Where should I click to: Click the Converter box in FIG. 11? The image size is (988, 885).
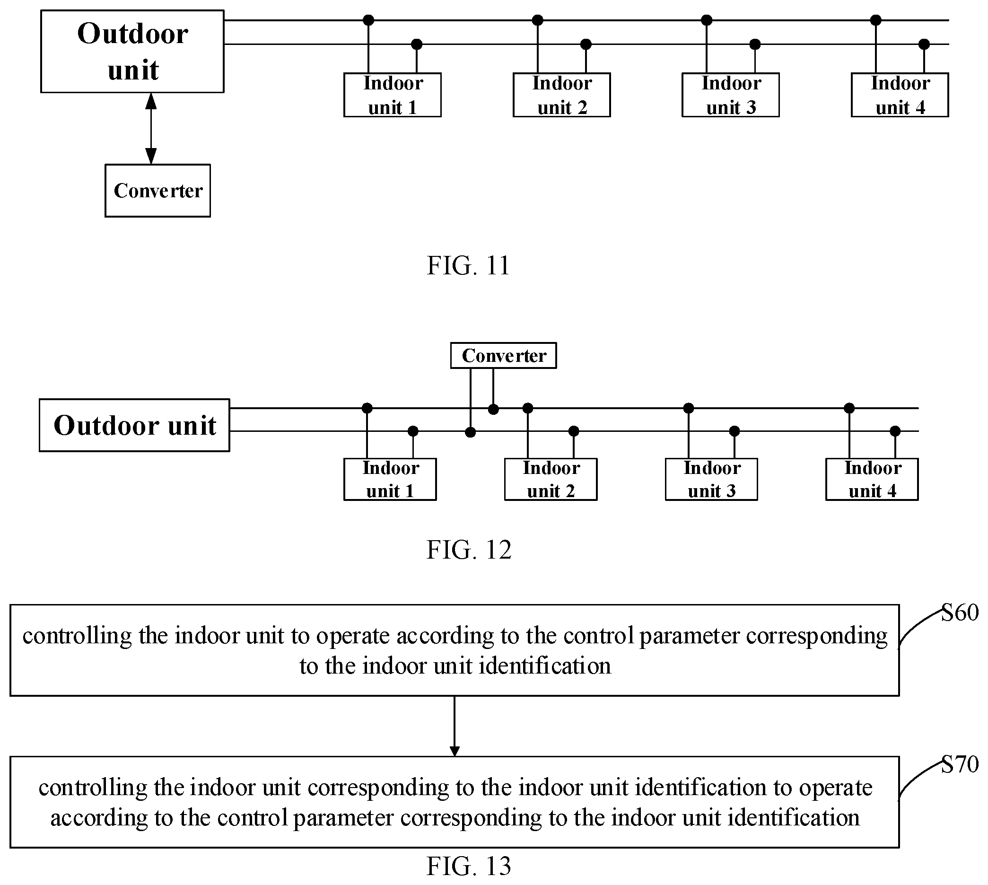[157, 191]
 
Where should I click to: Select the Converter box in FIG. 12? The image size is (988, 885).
[503, 355]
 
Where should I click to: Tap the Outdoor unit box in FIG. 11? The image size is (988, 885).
[132, 51]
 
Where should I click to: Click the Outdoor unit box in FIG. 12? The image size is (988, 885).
[134, 426]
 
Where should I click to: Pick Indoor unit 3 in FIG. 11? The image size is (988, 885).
[730, 95]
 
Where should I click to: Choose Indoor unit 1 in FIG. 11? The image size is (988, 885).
[393, 95]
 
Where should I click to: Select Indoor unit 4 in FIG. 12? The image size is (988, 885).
[872, 479]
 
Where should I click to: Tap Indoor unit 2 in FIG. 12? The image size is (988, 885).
[551, 479]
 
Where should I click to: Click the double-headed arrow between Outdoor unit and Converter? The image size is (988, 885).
[151, 128]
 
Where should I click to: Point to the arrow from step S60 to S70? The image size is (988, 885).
[455, 726]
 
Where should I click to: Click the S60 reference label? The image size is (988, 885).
[960, 613]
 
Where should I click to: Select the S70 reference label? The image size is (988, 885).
[960, 764]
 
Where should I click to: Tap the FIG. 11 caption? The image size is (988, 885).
[468, 265]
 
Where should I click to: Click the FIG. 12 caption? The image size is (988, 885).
[469, 550]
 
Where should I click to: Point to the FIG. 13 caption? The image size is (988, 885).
[469, 866]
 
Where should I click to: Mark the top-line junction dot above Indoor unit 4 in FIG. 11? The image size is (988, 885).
[876, 20]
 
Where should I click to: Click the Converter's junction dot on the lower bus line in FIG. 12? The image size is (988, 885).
[470, 432]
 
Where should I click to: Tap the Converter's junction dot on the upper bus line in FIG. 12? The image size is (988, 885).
[493, 409]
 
